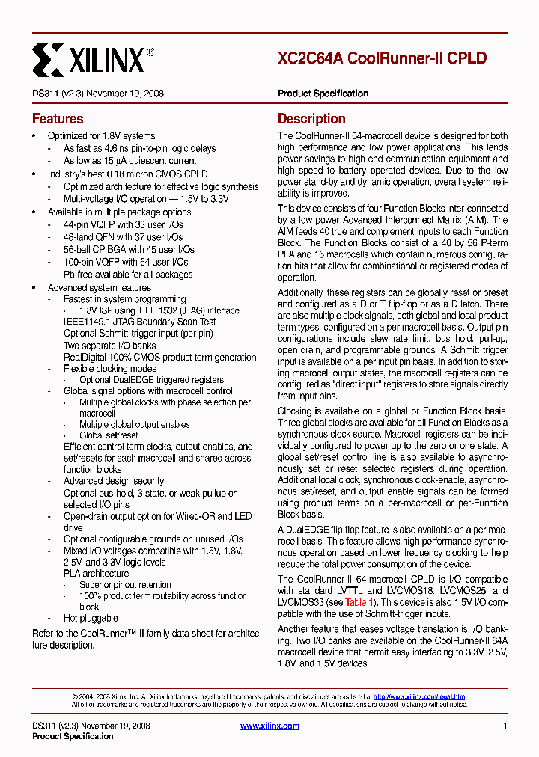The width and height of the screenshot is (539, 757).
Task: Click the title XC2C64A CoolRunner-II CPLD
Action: point(382,58)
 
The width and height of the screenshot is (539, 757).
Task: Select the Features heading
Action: point(58,119)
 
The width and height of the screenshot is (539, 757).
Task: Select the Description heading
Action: point(311,119)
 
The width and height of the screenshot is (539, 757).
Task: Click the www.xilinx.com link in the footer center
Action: point(269,726)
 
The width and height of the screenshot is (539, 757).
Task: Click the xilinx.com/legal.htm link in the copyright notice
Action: point(419,696)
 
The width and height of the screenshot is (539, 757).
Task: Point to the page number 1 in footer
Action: point(505,726)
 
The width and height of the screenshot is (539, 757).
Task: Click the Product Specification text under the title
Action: point(323,94)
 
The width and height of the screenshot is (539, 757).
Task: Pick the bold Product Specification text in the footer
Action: point(73,736)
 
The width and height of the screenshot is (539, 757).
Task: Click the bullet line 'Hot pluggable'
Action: point(91,619)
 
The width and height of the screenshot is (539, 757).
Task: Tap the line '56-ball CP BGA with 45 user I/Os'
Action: point(129,249)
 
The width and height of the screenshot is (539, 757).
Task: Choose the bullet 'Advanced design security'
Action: point(114,481)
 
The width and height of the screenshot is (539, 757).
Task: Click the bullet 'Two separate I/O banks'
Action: point(110,346)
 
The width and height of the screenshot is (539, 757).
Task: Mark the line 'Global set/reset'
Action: point(109,435)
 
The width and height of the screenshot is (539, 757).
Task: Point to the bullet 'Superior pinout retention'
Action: point(125,585)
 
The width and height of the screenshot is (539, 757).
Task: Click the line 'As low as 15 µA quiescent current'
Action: point(130,161)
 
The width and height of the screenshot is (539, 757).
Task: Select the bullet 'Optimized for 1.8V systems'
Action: point(102,136)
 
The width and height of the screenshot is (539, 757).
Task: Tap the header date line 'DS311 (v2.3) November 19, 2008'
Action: point(98,94)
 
